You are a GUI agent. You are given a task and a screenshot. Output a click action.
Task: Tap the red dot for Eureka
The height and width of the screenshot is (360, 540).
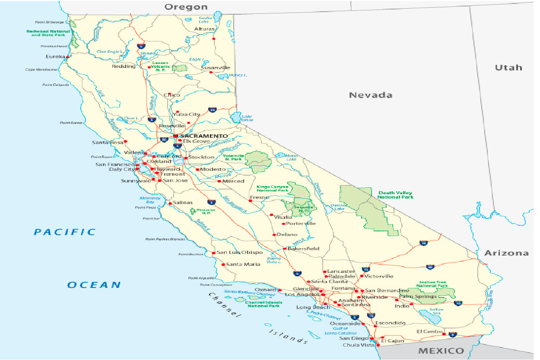point(67,57)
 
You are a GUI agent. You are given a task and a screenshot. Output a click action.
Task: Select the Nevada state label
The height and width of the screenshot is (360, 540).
point(370,95)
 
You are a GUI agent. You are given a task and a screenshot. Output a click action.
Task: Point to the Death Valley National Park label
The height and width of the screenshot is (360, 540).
point(395,195)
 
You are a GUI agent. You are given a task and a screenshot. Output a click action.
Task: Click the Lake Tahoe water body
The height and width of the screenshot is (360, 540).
point(235,117)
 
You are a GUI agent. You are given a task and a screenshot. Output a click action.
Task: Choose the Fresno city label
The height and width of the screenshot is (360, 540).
point(259,197)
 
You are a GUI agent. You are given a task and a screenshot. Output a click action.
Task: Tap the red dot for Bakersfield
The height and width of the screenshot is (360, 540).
point(285,249)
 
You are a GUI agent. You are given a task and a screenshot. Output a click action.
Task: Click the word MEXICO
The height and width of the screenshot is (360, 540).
point(441,351)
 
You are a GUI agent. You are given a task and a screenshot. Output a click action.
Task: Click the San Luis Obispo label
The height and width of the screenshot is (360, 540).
point(239,252)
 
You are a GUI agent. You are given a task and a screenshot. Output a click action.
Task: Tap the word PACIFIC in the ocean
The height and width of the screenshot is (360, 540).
point(65,232)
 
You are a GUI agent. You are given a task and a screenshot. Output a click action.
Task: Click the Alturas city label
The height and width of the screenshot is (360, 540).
point(204,29)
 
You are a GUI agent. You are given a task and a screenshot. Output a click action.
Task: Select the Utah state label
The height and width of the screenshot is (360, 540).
point(508,67)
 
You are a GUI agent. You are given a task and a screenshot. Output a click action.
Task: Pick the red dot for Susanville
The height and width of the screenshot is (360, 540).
point(211,72)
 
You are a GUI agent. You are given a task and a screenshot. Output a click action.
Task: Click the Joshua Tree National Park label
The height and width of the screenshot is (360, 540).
point(432,284)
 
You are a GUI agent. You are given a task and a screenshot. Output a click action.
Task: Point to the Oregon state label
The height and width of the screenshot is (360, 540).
point(186,7)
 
